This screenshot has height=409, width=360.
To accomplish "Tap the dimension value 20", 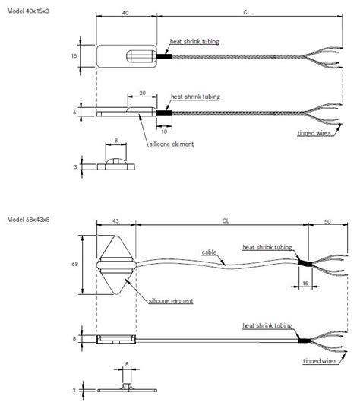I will (143, 93).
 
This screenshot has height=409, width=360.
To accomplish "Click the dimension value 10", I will (165, 131).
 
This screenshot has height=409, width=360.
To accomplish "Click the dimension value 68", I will (74, 265).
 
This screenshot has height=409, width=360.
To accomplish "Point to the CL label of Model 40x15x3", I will (247, 12).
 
